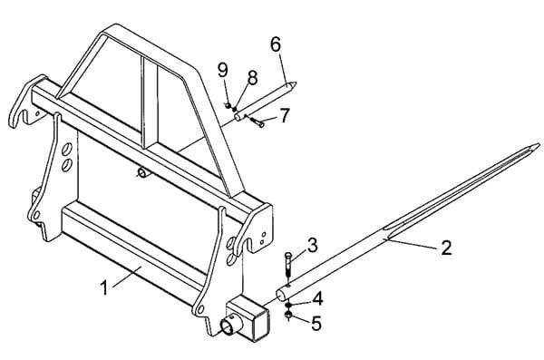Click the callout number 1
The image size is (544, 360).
pos(103,287)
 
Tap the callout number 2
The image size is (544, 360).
pos(446,248)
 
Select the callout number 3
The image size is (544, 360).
pos(313,246)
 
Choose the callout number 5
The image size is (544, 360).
pos(316,324)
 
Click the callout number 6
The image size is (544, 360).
pos(276,44)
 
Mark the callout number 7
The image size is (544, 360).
pos(285,115)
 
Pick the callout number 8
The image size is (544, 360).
pos(253,78)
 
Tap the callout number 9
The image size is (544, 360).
pos(223,70)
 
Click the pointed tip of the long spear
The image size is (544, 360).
pos(539,144)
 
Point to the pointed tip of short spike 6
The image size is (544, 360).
pos(296,83)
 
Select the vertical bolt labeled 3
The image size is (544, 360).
pos(288,265)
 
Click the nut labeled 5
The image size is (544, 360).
pos(288,316)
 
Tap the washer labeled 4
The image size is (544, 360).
pos(288,305)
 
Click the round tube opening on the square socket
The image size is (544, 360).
pos(229,327)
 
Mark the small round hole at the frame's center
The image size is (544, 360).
pos(141,172)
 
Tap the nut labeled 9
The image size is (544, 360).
pos(228,105)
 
